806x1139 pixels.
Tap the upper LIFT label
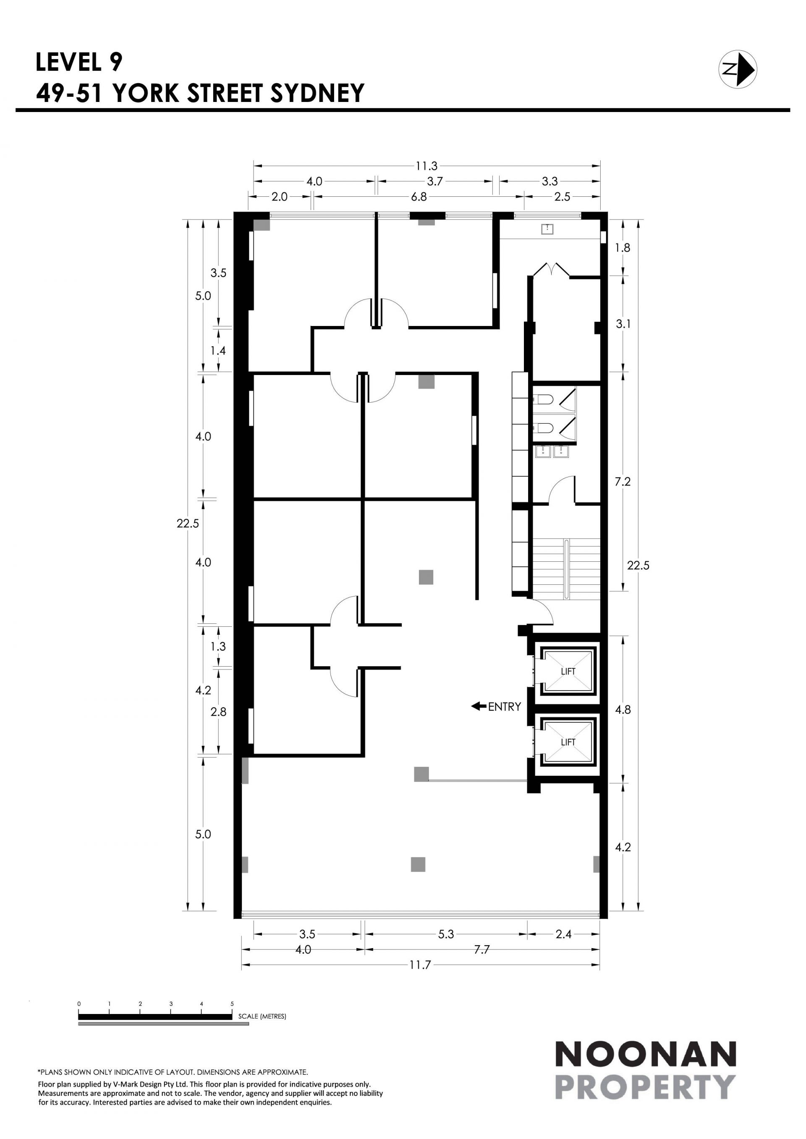click(x=568, y=672)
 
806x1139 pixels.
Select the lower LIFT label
click(x=568, y=742)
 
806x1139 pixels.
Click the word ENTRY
click(x=504, y=707)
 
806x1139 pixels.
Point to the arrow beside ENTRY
click(x=479, y=706)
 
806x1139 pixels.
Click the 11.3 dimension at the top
click(x=427, y=166)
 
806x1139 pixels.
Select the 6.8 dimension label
click(x=419, y=197)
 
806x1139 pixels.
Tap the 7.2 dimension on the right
click(x=623, y=482)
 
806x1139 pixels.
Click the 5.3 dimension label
click(x=446, y=934)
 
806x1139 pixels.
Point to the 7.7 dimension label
click(x=482, y=949)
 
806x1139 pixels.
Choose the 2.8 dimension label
click(x=218, y=712)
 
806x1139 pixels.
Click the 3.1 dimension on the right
click(x=623, y=324)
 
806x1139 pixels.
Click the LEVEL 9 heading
click(x=79, y=62)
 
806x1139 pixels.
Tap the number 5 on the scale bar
click(x=232, y=1003)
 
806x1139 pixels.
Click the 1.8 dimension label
click(x=623, y=248)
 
